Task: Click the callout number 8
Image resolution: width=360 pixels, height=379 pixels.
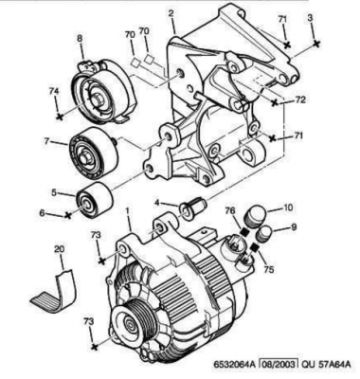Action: [x=80, y=39]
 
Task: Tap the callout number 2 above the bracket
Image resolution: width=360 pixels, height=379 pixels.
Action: [x=171, y=13]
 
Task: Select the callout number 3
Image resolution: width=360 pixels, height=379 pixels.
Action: [x=311, y=18]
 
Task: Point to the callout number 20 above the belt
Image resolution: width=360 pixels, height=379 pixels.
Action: [x=59, y=249]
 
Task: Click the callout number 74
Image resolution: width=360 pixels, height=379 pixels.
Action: [x=54, y=91]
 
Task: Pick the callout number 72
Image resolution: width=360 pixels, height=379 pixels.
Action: [x=300, y=99]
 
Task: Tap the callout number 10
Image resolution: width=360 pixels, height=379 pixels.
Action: [x=288, y=208]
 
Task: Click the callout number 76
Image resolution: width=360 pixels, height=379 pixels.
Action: [x=230, y=209]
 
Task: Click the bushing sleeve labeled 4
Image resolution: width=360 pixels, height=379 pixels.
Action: [x=192, y=207]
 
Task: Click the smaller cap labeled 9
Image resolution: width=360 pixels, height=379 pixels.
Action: [x=264, y=234]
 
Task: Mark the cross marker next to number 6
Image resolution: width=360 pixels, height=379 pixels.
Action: [x=67, y=215]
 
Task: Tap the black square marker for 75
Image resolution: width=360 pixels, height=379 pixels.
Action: [x=255, y=247]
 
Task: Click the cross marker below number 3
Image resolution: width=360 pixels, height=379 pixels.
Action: [x=315, y=43]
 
